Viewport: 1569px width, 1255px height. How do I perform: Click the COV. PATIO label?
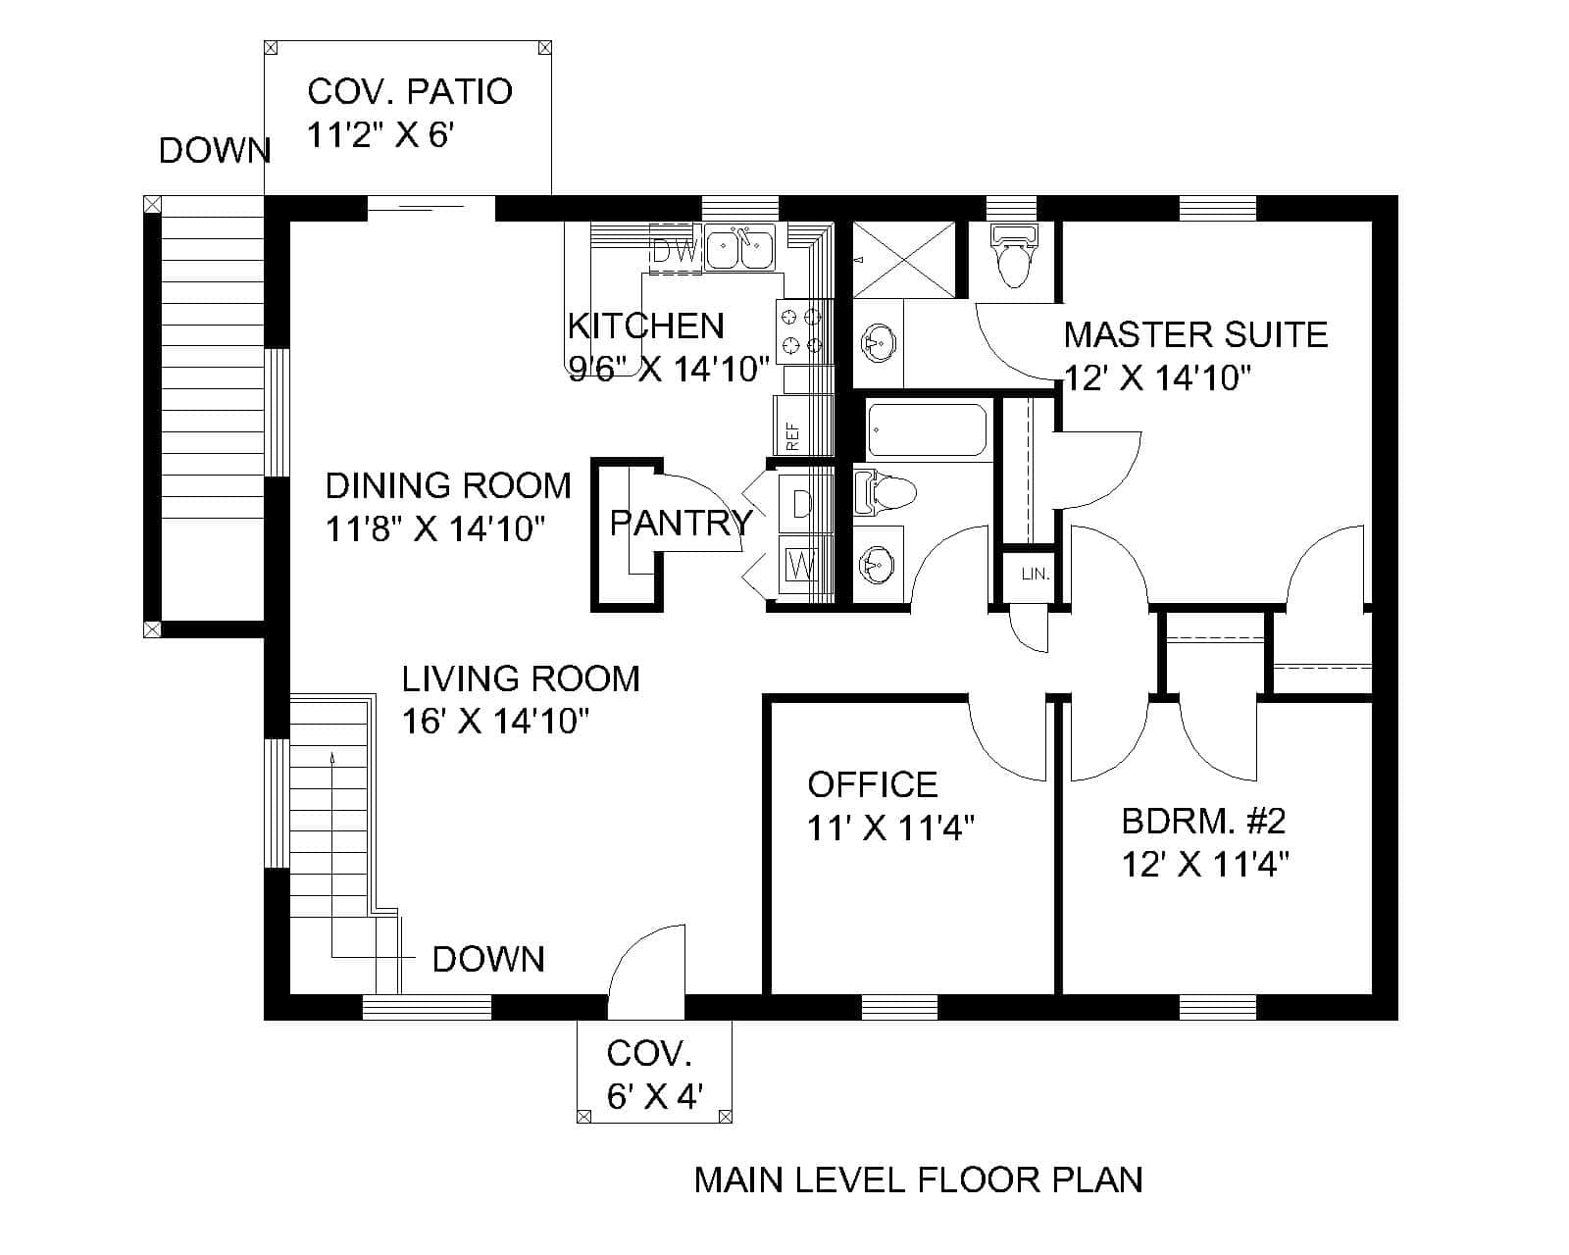click(x=409, y=91)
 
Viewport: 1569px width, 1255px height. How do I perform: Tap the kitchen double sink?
click(x=740, y=247)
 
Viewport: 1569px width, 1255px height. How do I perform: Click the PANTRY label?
click(x=682, y=523)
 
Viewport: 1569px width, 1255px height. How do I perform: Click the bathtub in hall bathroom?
click(x=927, y=430)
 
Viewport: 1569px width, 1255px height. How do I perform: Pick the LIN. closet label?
click(x=1036, y=575)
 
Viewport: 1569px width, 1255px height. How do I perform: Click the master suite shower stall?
click(x=903, y=259)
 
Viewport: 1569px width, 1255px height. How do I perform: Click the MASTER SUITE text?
click(x=1195, y=335)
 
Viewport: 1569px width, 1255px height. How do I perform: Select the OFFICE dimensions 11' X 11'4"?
click(x=890, y=828)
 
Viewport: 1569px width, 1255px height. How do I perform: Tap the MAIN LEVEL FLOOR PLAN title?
click(x=918, y=1180)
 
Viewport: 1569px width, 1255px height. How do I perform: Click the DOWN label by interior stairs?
click(x=488, y=959)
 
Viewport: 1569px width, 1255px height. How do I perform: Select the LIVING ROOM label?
click(x=521, y=678)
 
